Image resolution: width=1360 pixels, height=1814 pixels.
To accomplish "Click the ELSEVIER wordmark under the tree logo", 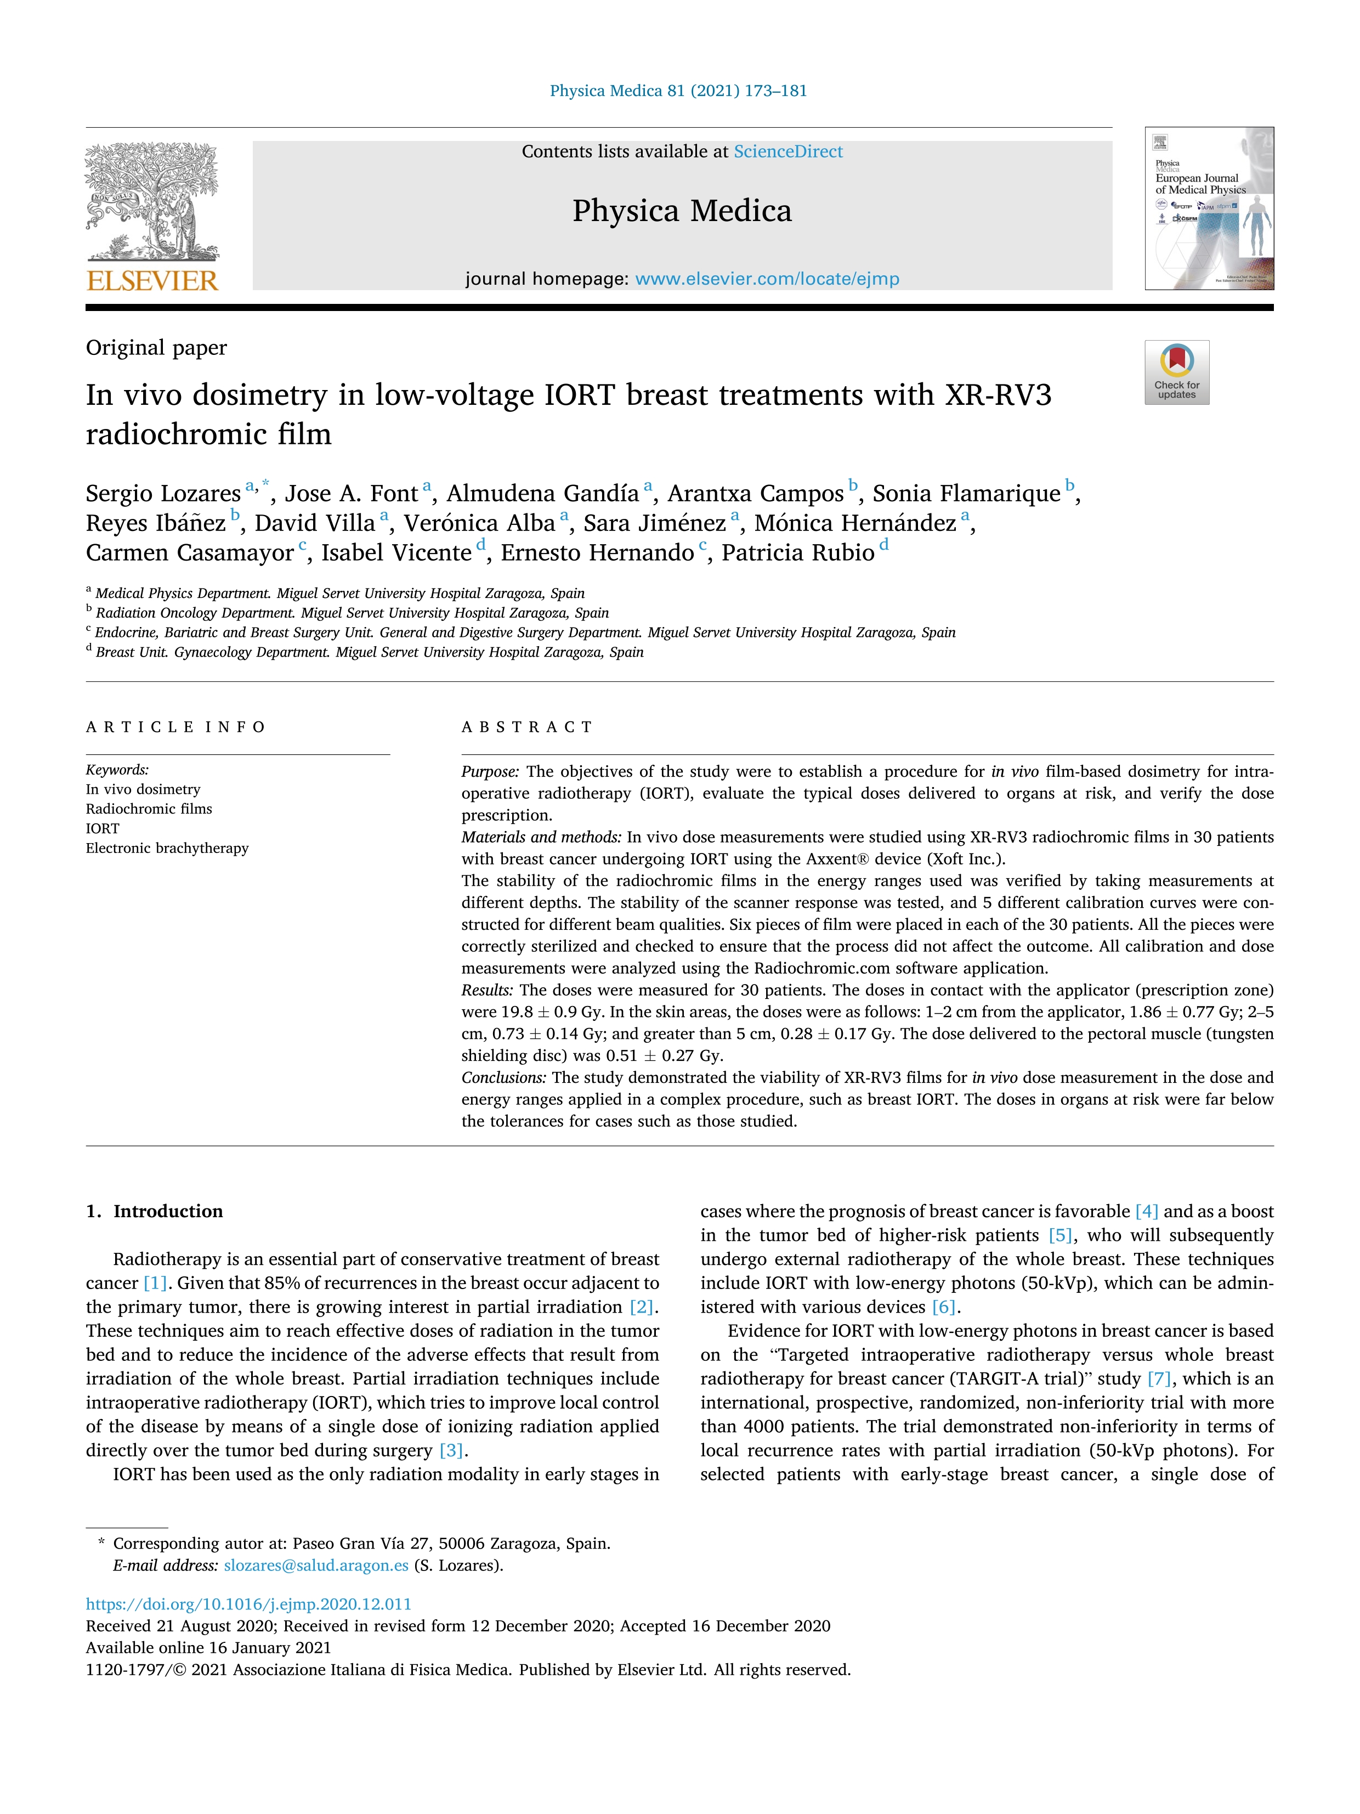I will pos(152,281).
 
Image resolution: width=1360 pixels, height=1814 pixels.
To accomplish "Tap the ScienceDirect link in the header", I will pos(788,152).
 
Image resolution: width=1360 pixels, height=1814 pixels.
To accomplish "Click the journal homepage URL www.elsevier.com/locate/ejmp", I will pos(767,279).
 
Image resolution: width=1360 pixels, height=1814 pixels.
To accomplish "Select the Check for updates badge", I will pos(1176,372).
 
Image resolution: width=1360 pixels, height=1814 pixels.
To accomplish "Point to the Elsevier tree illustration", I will pos(152,201).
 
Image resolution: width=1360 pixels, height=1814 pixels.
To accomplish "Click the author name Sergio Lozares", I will pos(163,494).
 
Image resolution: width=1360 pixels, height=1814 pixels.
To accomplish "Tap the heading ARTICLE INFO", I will pos(175,727).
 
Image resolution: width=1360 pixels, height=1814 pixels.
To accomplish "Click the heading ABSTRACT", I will pos(526,727).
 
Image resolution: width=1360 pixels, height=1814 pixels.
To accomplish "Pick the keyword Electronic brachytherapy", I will pos(167,848).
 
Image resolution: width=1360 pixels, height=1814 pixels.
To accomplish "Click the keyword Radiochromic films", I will pos(149,809).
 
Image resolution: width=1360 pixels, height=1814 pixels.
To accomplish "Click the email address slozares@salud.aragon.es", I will pos(316,1566).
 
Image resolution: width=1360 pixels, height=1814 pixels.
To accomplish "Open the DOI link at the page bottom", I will pos(248,1604).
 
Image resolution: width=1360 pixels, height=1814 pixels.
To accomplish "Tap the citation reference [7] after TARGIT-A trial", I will pos(1158,1378).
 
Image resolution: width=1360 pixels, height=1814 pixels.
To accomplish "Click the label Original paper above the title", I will pos(156,348).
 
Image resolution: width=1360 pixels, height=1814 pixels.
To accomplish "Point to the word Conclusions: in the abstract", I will pos(503,1077).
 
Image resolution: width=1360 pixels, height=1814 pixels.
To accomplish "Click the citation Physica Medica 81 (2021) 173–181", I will pos(678,91).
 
